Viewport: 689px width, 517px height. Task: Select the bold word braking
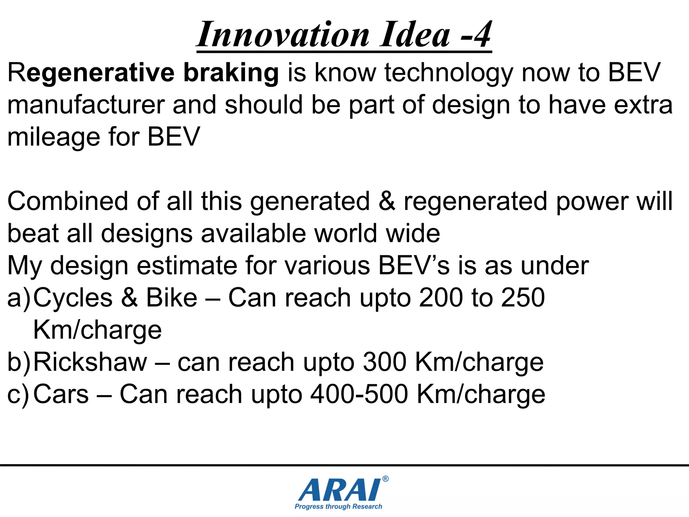coord(231,72)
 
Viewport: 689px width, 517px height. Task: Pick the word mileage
coord(53,138)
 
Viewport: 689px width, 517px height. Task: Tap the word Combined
coord(68,201)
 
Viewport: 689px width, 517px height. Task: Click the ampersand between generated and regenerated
coord(387,201)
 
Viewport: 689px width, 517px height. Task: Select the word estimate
coord(187,266)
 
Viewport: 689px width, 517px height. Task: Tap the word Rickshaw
coord(90,363)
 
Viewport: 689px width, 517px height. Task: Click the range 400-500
coord(359,394)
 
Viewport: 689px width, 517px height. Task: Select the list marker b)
coord(19,363)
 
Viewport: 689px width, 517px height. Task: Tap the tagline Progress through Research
coord(338,507)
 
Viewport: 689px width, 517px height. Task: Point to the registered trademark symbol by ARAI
coord(386,479)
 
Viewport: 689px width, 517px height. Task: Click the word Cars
coord(61,394)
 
